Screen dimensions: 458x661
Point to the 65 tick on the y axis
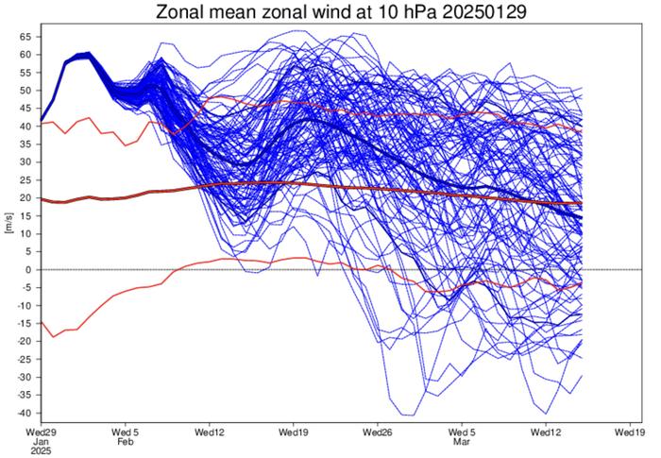point(26,36)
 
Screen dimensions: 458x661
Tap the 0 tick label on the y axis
point(29,270)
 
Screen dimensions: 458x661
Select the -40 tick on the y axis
point(25,414)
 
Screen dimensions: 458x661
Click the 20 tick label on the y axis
point(26,198)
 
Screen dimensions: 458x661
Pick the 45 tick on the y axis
point(26,108)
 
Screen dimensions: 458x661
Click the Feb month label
point(125,440)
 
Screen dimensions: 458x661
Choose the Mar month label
point(462,440)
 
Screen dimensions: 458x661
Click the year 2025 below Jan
point(41,450)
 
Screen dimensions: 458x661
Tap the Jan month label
point(41,440)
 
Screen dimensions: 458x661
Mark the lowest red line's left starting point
point(42,322)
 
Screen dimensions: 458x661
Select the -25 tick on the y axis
point(25,360)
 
